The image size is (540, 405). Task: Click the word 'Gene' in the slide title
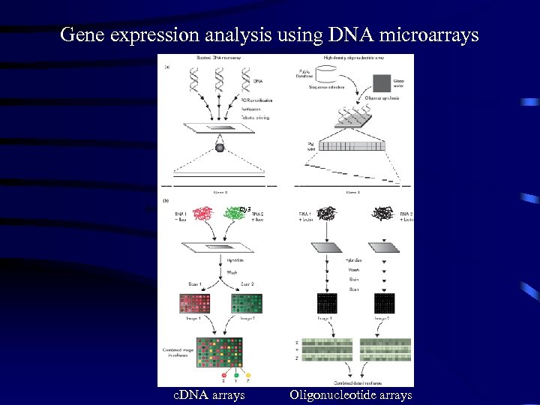pos(78,34)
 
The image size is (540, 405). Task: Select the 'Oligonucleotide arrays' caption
pos(350,394)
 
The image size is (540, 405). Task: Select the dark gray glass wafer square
pos(382,82)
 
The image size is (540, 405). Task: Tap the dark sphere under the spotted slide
pos(220,148)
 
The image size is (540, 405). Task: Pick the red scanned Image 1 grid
pos(193,303)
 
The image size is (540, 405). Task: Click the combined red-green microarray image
pos(220,351)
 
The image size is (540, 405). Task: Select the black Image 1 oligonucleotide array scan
pos(327,303)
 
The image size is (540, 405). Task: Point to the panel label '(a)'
pos(166,67)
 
